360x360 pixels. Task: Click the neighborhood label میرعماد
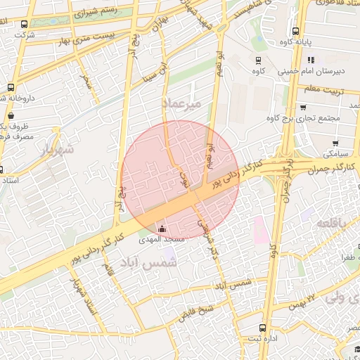pyautogui.click(x=182, y=103)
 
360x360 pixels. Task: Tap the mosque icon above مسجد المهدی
pyautogui.click(x=163, y=229)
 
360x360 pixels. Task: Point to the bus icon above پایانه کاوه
pyautogui.click(x=295, y=31)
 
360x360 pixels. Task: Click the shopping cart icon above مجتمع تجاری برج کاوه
pyautogui.click(x=302, y=107)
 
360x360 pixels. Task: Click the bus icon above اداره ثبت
pyautogui.click(x=262, y=328)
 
